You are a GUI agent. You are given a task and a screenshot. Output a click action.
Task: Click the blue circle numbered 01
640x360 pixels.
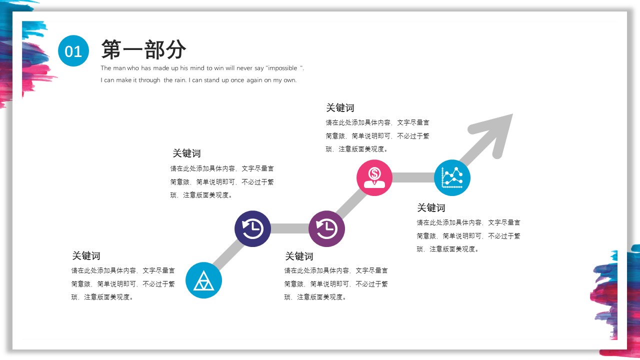tap(73, 51)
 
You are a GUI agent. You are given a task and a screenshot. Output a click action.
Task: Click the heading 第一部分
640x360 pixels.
tap(143, 49)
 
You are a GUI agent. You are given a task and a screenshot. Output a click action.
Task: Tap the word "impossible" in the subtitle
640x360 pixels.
tap(282, 68)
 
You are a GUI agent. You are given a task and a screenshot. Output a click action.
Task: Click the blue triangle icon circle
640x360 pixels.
tap(203, 280)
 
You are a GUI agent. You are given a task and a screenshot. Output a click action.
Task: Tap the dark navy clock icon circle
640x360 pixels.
tap(252, 229)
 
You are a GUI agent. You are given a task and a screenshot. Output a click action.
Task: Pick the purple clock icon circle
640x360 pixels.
tap(326, 229)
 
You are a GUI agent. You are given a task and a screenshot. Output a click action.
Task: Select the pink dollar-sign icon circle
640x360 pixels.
tap(374, 177)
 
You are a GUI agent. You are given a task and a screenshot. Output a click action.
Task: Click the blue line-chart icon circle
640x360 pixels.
tap(452, 177)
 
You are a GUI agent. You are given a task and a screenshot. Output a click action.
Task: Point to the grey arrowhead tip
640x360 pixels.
tap(512, 114)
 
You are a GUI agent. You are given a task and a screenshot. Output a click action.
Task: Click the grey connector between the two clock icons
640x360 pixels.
tap(289, 228)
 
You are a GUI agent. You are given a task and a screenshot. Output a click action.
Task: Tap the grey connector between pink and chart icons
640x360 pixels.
tap(413, 177)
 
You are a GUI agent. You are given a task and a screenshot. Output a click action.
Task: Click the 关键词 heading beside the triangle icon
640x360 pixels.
tap(86, 255)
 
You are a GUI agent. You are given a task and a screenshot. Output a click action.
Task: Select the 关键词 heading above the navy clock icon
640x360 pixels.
tap(186, 153)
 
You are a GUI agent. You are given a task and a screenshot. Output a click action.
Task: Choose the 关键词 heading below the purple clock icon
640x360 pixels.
tap(299, 256)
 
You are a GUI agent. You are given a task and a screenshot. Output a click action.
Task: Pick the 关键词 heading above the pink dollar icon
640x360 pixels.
tap(340, 108)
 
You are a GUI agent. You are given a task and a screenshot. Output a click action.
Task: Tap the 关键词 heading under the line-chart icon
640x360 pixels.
tap(431, 207)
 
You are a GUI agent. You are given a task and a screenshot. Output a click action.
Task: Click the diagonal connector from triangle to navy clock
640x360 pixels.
tap(228, 254)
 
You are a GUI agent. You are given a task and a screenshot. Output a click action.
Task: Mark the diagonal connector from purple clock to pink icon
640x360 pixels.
tap(351, 203)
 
